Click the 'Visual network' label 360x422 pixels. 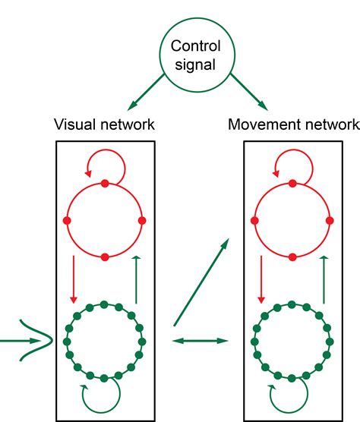coord(105,124)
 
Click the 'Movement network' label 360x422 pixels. coord(293,124)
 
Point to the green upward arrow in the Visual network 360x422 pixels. coord(136,279)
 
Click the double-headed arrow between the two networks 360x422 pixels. coord(201,342)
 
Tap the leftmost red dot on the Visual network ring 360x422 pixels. coord(68,220)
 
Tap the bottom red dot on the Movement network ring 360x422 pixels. coord(291,257)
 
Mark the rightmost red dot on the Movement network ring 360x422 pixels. coord(329,220)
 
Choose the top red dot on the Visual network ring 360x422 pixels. coord(105,183)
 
